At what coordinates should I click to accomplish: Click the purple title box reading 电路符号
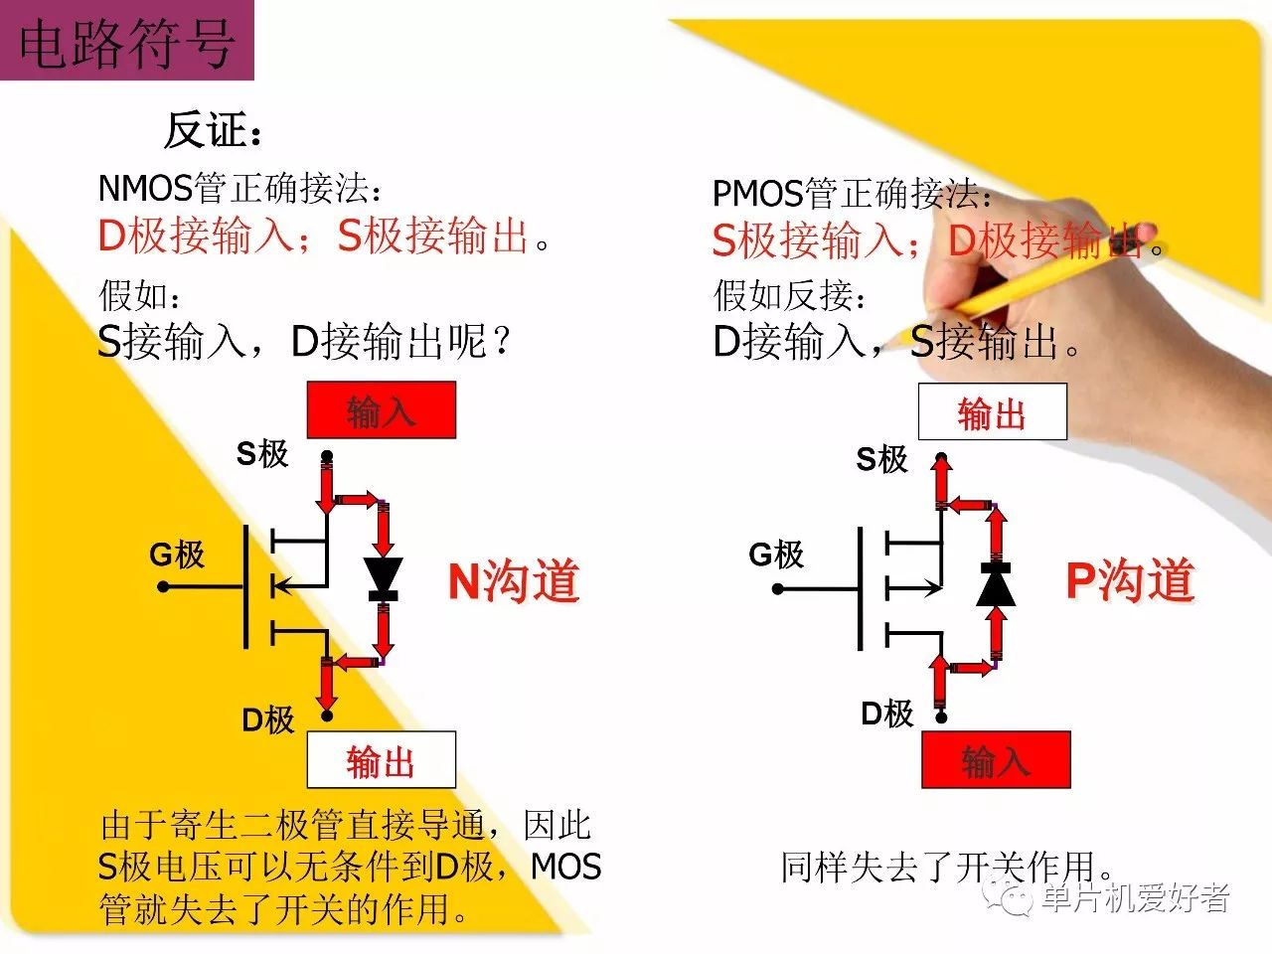point(127,40)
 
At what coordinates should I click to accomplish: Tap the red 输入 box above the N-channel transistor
point(382,409)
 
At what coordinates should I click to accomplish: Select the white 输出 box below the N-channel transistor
point(382,759)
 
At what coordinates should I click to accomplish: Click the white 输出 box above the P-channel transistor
point(992,411)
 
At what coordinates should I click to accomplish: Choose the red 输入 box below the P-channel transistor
point(996,759)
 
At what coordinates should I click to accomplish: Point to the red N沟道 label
point(514,580)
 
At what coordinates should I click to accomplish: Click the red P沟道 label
point(1130,579)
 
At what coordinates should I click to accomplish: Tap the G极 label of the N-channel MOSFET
point(177,555)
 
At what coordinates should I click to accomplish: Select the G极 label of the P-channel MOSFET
point(776,555)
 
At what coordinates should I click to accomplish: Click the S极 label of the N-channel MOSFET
point(262,453)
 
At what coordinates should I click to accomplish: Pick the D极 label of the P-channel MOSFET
point(887,714)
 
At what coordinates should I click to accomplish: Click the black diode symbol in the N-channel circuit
point(383,579)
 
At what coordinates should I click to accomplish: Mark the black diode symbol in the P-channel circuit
point(996,584)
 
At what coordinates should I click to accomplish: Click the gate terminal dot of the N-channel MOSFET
point(163,587)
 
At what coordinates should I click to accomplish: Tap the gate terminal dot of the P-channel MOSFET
point(778,589)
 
